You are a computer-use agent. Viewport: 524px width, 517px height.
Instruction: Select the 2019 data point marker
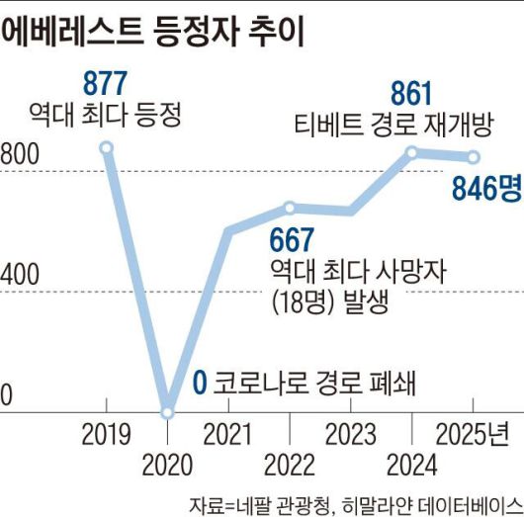pyautogui.click(x=107, y=148)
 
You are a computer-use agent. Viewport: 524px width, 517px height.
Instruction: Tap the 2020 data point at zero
pyautogui.click(x=168, y=411)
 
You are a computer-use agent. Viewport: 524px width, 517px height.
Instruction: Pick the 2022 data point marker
pyautogui.click(x=290, y=208)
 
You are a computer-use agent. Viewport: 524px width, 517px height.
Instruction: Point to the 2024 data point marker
pyautogui.click(x=411, y=152)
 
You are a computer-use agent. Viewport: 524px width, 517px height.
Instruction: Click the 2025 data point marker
pyautogui.click(x=473, y=156)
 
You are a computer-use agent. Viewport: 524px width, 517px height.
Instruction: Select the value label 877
pyautogui.click(x=107, y=83)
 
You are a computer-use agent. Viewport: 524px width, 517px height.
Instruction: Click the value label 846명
pyautogui.click(x=485, y=189)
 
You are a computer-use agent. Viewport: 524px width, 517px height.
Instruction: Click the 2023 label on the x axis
pyautogui.click(x=350, y=434)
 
